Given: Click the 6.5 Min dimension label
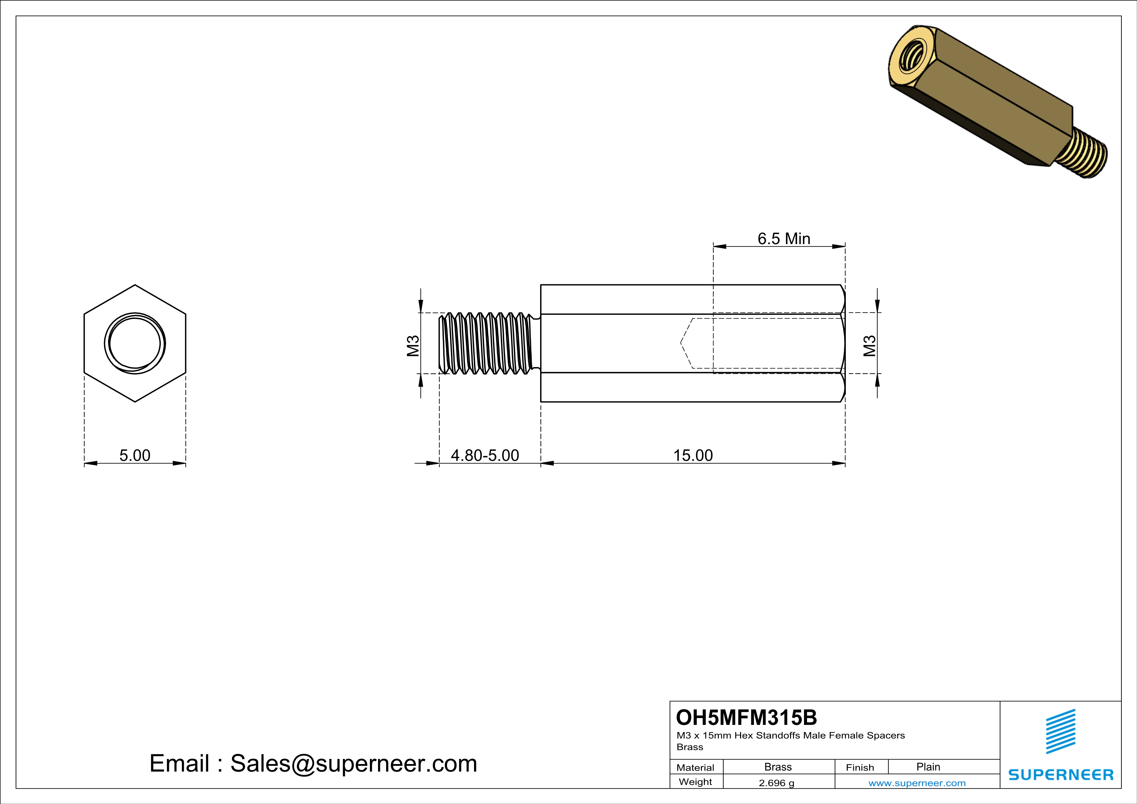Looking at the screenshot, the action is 784,239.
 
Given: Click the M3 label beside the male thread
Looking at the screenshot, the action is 413,346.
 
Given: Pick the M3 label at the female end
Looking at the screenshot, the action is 870,346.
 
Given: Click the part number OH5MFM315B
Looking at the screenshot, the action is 746,717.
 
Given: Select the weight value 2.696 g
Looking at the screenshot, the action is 776,783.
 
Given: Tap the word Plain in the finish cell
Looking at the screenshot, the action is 928,767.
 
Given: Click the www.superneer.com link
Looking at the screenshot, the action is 917,783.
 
